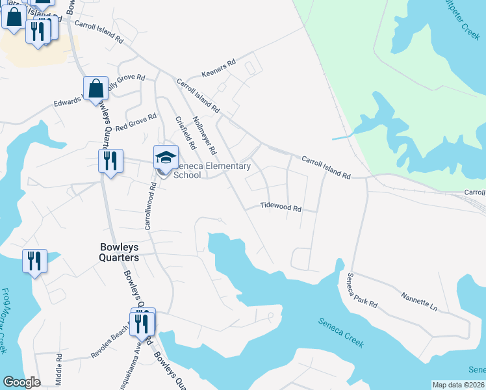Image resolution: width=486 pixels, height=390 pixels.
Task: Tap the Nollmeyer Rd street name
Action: point(205,135)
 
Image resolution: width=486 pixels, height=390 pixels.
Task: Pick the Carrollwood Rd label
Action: point(147,207)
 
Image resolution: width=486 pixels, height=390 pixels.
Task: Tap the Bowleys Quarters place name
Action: point(119,252)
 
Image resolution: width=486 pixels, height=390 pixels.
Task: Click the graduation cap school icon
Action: point(166,157)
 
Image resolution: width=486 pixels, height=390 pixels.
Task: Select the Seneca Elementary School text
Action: point(211,170)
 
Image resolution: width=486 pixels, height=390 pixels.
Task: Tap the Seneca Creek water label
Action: point(341,331)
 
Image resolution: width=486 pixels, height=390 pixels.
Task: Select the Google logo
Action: point(21,382)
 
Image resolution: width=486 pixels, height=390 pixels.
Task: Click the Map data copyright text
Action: point(458,385)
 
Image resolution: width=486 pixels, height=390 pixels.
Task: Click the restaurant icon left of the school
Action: point(110,160)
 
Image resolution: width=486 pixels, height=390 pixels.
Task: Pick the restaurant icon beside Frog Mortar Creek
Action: point(34,261)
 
